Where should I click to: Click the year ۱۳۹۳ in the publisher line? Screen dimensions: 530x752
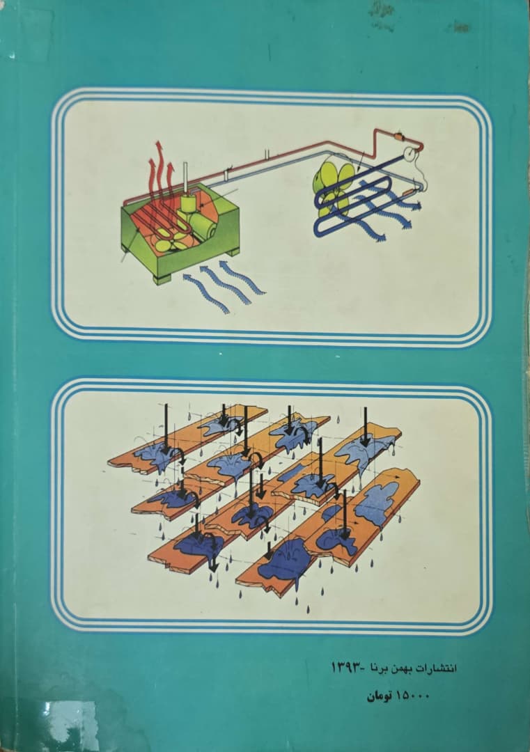point(346,667)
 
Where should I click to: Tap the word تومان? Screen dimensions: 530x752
point(380,696)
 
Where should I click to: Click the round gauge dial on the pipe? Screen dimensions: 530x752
point(410,153)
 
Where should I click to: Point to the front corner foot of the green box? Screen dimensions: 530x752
point(162,279)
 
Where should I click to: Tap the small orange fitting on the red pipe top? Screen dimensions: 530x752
point(398,138)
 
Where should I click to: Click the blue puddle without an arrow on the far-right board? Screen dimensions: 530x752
point(377,503)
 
